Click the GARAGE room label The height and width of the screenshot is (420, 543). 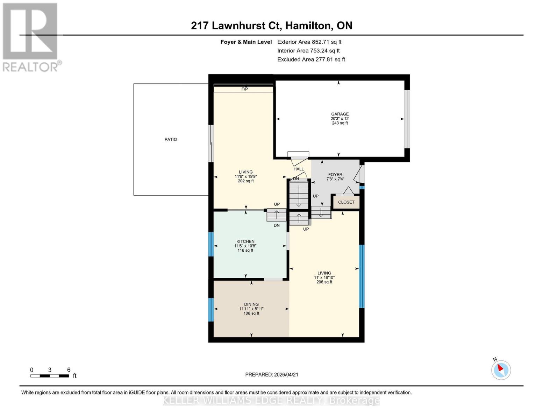pyautogui.click(x=340, y=114)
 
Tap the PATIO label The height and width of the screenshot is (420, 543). pyautogui.click(x=171, y=139)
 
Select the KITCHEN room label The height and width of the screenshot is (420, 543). pyautogui.click(x=245, y=241)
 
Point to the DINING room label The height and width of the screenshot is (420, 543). pyautogui.click(x=251, y=304)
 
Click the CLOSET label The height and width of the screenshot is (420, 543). pyautogui.click(x=346, y=202)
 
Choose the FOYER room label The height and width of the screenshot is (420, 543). pyautogui.click(x=335, y=175)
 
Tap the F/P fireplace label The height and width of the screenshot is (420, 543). pyautogui.click(x=244, y=89)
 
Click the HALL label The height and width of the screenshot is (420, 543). pyautogui.click(x=299, y=169)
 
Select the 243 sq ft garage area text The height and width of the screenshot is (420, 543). pyautogui.click(x=340, y=123)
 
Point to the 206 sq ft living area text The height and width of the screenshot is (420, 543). pyautogui.click(x=324, y=282)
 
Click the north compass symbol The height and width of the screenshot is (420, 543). pyautogui.click(x=501, y=370)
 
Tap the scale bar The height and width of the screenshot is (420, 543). pyautogui.click(x=49, y=376)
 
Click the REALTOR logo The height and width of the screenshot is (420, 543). pyautogui.click(x=30, y=37)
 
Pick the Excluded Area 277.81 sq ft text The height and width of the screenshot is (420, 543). pyautogui.click(x=311, y=59)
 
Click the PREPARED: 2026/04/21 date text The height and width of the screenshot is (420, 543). pyautogui.click(x=272, y=374)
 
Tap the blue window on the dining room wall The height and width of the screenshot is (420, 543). pyautogui.click(x=211, y=310)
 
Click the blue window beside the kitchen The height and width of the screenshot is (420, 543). pyautogui.click(x=211, y=244)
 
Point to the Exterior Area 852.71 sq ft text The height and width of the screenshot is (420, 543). pyautogui.click(x=309, y=42)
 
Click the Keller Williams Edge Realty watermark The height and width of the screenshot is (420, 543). pyautogui.click(x=271, y=400)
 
